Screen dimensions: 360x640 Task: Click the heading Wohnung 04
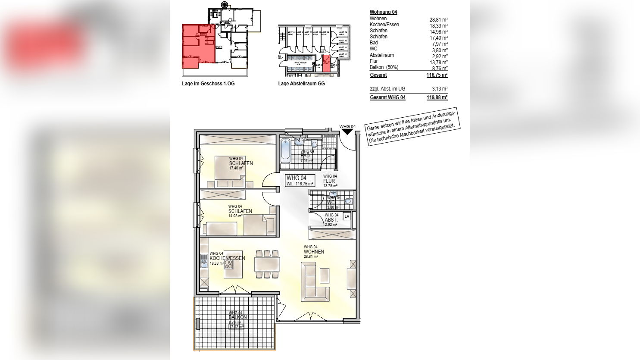(x=383, y=12)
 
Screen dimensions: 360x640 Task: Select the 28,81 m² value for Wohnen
(x=438, y=20)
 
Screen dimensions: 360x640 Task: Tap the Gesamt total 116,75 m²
(x=437, y=75)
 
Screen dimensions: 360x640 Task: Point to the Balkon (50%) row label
(x=384, y=67)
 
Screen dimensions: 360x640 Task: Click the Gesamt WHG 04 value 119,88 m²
(x=437, y=97)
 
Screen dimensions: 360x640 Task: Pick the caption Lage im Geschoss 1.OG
(x=208, y=84)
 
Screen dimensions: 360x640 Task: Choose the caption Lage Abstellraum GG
(x=301, y=84)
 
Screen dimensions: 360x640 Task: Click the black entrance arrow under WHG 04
(x=347, y=132)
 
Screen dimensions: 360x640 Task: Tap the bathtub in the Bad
(x=285, y=151)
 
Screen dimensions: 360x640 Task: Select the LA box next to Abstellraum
(x=347, y=216)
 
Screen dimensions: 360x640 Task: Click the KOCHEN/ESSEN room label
(x=227, y=258)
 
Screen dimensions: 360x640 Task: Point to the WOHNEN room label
(x=314, y=252)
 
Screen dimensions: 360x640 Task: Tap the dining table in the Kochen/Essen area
(x=267, y=264)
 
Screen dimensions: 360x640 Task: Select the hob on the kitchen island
(x=228, y=264)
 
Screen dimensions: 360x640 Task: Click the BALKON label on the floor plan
(x=237, y=317)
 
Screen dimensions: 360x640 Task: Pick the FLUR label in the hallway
(x=329, y=181)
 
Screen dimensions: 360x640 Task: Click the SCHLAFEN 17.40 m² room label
(x=241, y=163)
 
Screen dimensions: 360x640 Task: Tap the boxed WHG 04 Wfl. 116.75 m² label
(x=300, y=180)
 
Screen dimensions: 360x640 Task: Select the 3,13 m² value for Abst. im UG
(x=440, y=89)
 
